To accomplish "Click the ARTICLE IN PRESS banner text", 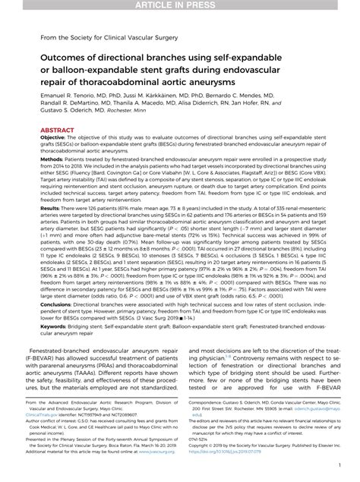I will click(180, 5).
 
